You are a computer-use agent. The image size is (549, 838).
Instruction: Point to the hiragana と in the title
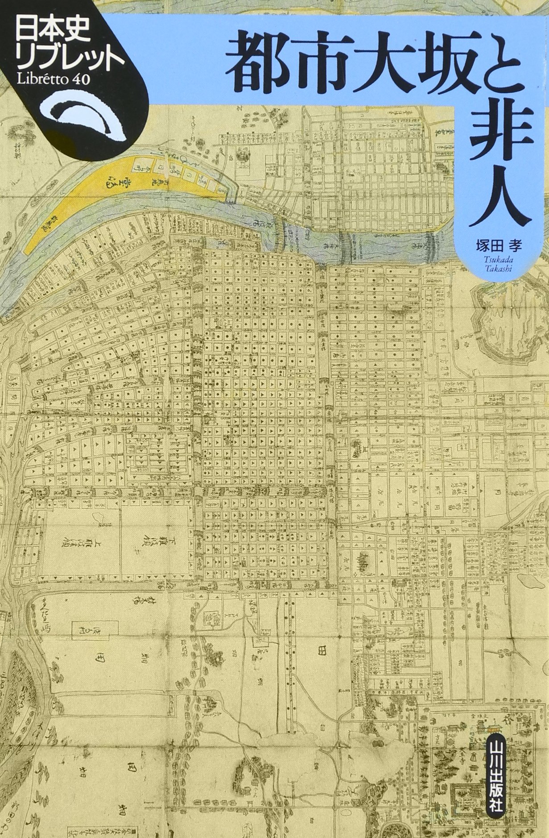coord(513,67)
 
